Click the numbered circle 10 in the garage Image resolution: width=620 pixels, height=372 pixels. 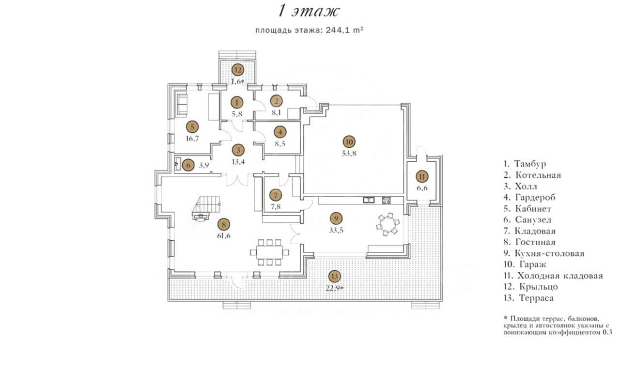349,142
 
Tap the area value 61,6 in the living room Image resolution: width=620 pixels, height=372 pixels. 224,236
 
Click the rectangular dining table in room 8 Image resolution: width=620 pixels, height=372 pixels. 269,252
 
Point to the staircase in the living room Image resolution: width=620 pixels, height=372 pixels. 206,208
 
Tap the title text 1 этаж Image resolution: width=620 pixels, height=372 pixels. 309,12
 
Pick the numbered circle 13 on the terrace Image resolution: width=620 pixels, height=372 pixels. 334,276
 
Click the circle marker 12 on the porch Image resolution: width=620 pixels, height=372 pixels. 238,70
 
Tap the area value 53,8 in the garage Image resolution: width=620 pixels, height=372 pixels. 349,154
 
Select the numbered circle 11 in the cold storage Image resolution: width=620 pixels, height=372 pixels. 422,176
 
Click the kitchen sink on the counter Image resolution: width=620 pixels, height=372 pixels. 369,200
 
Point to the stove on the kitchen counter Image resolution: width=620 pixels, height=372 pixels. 387,201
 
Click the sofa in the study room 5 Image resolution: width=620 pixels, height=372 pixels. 182,104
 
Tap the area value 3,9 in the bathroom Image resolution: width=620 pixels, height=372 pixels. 204,166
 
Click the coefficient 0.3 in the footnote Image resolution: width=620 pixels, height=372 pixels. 607,332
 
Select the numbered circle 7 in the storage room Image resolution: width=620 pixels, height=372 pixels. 276,195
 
